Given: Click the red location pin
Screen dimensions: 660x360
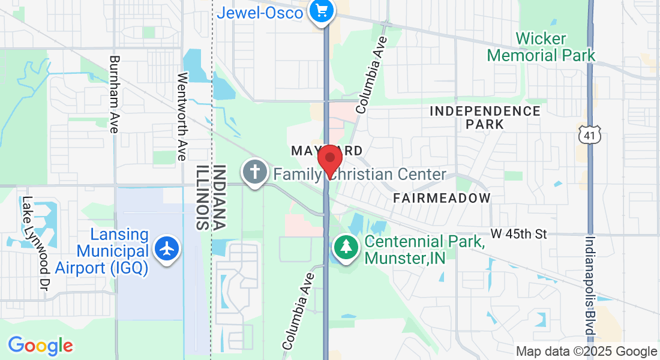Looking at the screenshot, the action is (x=329, y=160).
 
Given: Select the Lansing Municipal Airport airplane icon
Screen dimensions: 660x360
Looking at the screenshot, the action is (x=167, y=248).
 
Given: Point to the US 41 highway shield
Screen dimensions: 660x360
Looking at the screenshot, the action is (x=589, y=134).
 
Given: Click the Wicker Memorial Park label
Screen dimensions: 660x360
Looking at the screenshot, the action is (x=541, y=47).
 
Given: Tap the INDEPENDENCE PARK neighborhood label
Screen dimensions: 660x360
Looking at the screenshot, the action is (x=485, y=118).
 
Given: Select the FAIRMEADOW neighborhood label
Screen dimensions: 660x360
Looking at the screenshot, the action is (x=442, y=197).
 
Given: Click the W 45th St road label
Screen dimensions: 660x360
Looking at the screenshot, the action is (x=518, y=233).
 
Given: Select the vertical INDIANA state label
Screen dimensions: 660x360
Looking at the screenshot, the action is (x=220, y=197).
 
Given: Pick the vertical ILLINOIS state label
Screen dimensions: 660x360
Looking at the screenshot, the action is (x=202, y=197).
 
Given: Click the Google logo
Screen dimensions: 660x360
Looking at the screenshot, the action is (x=40, y=345).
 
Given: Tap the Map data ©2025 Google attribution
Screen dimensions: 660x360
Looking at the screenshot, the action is (x=586, y=352).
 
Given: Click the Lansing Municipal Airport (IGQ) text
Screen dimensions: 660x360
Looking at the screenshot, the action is (x=102, y=251).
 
